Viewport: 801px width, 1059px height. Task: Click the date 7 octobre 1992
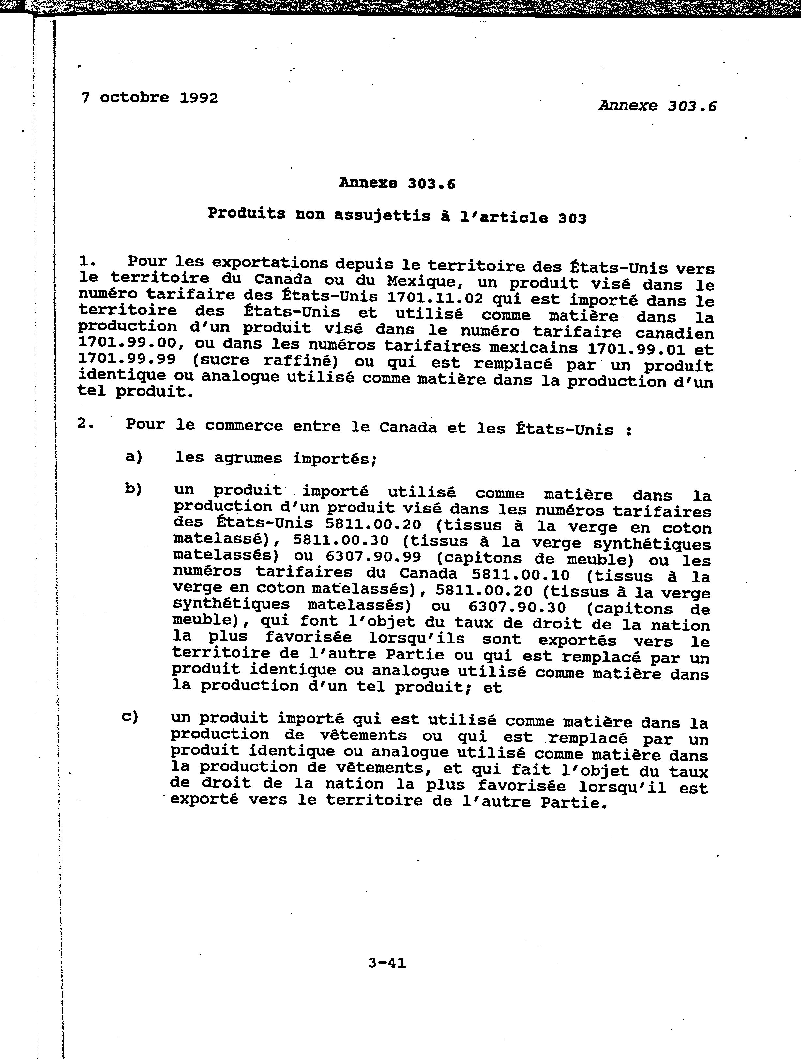(149, 98)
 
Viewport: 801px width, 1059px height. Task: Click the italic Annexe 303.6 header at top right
(657, 105)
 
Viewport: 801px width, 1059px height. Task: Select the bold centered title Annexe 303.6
(397, 183)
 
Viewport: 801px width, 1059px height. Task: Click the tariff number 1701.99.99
(127, 359)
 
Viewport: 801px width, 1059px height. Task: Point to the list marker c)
(130, 717)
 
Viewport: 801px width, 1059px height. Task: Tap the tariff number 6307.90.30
(517, 608)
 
